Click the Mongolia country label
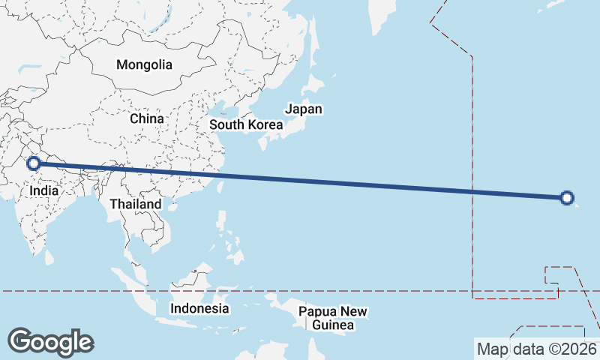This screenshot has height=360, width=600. click(144, 64)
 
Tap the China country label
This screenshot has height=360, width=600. click(146, 118)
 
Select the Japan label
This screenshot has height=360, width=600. click(304, 109)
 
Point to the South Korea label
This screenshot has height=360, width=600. click(246, 124)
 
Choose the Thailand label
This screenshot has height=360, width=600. click(135, 204)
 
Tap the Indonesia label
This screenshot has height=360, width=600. click(199, 308)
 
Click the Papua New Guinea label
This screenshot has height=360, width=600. click(333, 318)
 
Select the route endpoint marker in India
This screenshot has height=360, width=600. click(33, 163)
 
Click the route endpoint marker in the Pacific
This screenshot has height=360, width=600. click(567, 198)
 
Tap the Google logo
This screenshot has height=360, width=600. click(50, 342)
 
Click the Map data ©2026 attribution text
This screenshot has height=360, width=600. click(537, 349)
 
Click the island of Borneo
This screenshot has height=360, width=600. click(192, 284)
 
